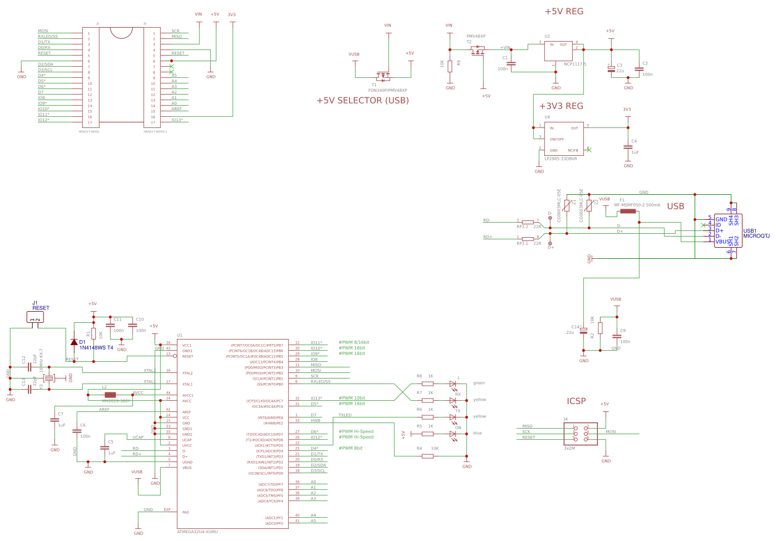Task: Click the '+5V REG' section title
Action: [x=563, y=12]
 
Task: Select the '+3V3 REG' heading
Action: [x=561, y=106]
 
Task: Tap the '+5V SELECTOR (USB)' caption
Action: [x=362, y=101]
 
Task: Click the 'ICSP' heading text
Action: [x=576, y=401]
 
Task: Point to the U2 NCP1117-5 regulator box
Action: [x=558, y=51]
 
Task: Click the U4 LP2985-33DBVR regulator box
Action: [x=563, y=139]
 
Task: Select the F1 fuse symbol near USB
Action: [x=627, y=211]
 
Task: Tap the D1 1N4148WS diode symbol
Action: [x=74, y=342]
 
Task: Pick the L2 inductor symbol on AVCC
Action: [x=110, y=395]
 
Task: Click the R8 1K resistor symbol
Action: [x=427, y=383]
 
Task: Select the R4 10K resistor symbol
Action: [x=427, y=456]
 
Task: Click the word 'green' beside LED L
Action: [x=479, y=383]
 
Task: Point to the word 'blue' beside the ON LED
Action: [x=477, y=433]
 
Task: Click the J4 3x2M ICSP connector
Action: [x=580, y=434]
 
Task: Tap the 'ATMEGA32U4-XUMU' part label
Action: [x=197, y=532]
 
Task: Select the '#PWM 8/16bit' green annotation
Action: [x=353, y=342]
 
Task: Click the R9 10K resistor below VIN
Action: [x=450, y=66]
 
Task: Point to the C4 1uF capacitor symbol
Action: [x=628, y=147]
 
